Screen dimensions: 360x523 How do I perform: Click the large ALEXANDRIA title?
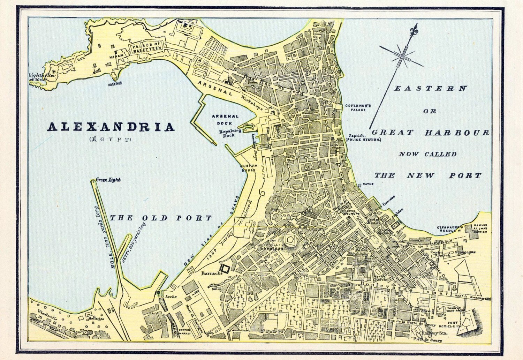[x=111, y=127]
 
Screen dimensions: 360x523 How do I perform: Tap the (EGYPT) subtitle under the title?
[x=110, y=140]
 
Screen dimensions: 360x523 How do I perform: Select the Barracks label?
[x=212, y=273]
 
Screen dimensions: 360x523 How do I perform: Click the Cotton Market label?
[x=184, y=331]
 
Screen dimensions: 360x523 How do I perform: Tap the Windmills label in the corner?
[x=46, y=312]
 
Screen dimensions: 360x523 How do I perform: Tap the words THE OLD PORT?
[x=161, y=218]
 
